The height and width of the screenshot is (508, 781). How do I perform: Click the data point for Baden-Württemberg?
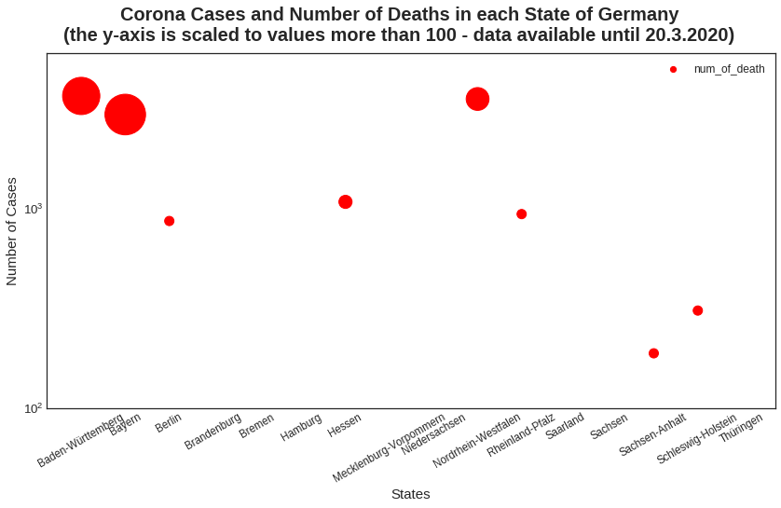tap(81, 95)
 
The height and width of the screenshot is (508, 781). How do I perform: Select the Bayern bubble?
tap(125, 115)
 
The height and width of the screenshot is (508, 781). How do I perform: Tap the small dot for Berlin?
tap(169, 221)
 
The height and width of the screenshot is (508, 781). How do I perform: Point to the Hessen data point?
tap(345, 202)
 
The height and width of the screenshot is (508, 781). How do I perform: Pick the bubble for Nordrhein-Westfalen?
tap(477, 99)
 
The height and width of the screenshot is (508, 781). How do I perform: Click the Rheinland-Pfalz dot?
tap(521, 214)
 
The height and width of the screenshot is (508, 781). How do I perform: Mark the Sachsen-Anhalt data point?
tap(653, 353)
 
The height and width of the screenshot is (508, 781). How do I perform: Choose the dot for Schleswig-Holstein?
tap(697, 310)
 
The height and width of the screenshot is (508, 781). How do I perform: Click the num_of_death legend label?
tap(729, 69)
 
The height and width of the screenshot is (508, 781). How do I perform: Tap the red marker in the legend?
tap(673, 69)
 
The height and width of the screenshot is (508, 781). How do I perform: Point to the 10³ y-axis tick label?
tap(33, 208)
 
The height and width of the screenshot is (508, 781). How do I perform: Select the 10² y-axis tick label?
tap(33, 408)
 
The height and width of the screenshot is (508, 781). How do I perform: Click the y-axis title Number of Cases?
tap(12, 231)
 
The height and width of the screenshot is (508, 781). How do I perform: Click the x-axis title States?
tap(410, 494)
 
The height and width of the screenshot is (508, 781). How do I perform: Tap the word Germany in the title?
tap(633, 15)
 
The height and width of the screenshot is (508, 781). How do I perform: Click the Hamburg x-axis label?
tap(301, 427)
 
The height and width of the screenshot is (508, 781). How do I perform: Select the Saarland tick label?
tap(565, 426)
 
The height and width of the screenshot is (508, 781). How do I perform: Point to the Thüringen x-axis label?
tap(741, 428)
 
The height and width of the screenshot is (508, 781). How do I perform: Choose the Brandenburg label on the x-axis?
tap(212, 431)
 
